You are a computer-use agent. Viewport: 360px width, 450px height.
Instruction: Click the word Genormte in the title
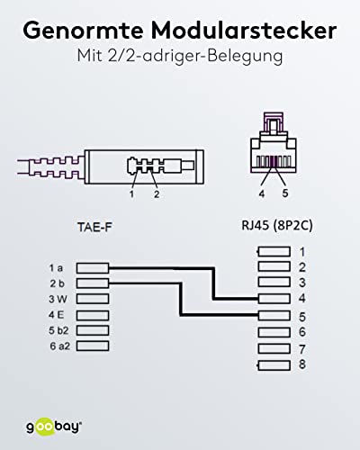83,31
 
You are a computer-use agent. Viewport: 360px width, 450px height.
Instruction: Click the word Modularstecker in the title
244,31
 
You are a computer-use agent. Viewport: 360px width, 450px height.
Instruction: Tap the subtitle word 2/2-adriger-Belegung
195,56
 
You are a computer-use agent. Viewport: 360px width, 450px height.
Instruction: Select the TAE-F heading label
94,227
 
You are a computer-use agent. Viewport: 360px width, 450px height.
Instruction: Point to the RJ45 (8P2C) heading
277,226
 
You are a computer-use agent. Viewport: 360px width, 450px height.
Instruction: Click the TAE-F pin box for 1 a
93,268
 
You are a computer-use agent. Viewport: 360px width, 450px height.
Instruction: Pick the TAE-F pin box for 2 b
93,283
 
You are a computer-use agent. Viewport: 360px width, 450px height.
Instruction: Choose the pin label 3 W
58,299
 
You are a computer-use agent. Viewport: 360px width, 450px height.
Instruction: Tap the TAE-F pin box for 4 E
93,315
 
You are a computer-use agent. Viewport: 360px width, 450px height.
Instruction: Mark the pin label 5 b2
58,330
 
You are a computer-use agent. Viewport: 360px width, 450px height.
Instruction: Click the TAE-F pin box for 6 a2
93,346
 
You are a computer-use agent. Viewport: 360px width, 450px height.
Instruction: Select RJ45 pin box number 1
274,251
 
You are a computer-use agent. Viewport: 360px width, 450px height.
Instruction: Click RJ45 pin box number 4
274,299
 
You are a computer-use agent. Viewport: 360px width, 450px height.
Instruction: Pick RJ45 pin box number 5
274,315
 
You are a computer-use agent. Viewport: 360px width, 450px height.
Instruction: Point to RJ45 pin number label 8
302,364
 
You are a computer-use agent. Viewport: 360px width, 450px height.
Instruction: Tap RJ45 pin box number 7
274,348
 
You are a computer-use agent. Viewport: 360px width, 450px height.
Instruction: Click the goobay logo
54,427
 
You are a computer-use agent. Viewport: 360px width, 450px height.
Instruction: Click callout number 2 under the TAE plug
157,194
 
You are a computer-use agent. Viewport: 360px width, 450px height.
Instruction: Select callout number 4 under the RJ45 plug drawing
262,194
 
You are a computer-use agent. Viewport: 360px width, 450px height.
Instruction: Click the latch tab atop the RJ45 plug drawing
274,122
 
